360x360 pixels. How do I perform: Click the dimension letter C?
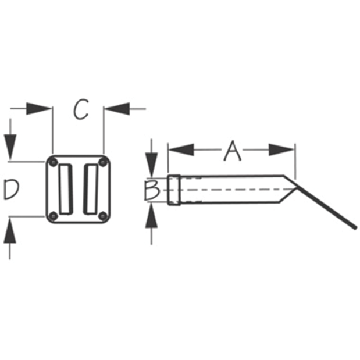[x=81, y=109]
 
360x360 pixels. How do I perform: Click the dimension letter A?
[x=233, y=151]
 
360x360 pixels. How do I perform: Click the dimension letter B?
[x=152, y=190]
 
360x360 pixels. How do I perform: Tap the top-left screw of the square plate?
[x=54, y=163]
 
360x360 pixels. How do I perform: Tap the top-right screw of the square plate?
[x=102, y=163]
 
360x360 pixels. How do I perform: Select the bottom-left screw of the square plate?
[x=54, y=216]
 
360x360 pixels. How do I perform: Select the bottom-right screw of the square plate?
[x=102, y=216]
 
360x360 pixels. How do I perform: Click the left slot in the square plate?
[x=66, y=190]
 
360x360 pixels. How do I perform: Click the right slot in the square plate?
[x=91, y=190]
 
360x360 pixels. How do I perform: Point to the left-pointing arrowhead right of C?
[x=117, y=108]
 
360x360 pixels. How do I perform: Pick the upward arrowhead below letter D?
[x=10, y=230]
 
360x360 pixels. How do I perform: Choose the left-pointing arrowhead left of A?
[x=181, y=149]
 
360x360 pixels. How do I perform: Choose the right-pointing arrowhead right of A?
[x=281, y=149]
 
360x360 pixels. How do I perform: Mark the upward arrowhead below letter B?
[x=152, y=216]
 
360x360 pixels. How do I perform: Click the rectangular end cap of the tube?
[x=174, y=190]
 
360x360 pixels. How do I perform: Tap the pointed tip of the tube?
[x=297, y=188]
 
